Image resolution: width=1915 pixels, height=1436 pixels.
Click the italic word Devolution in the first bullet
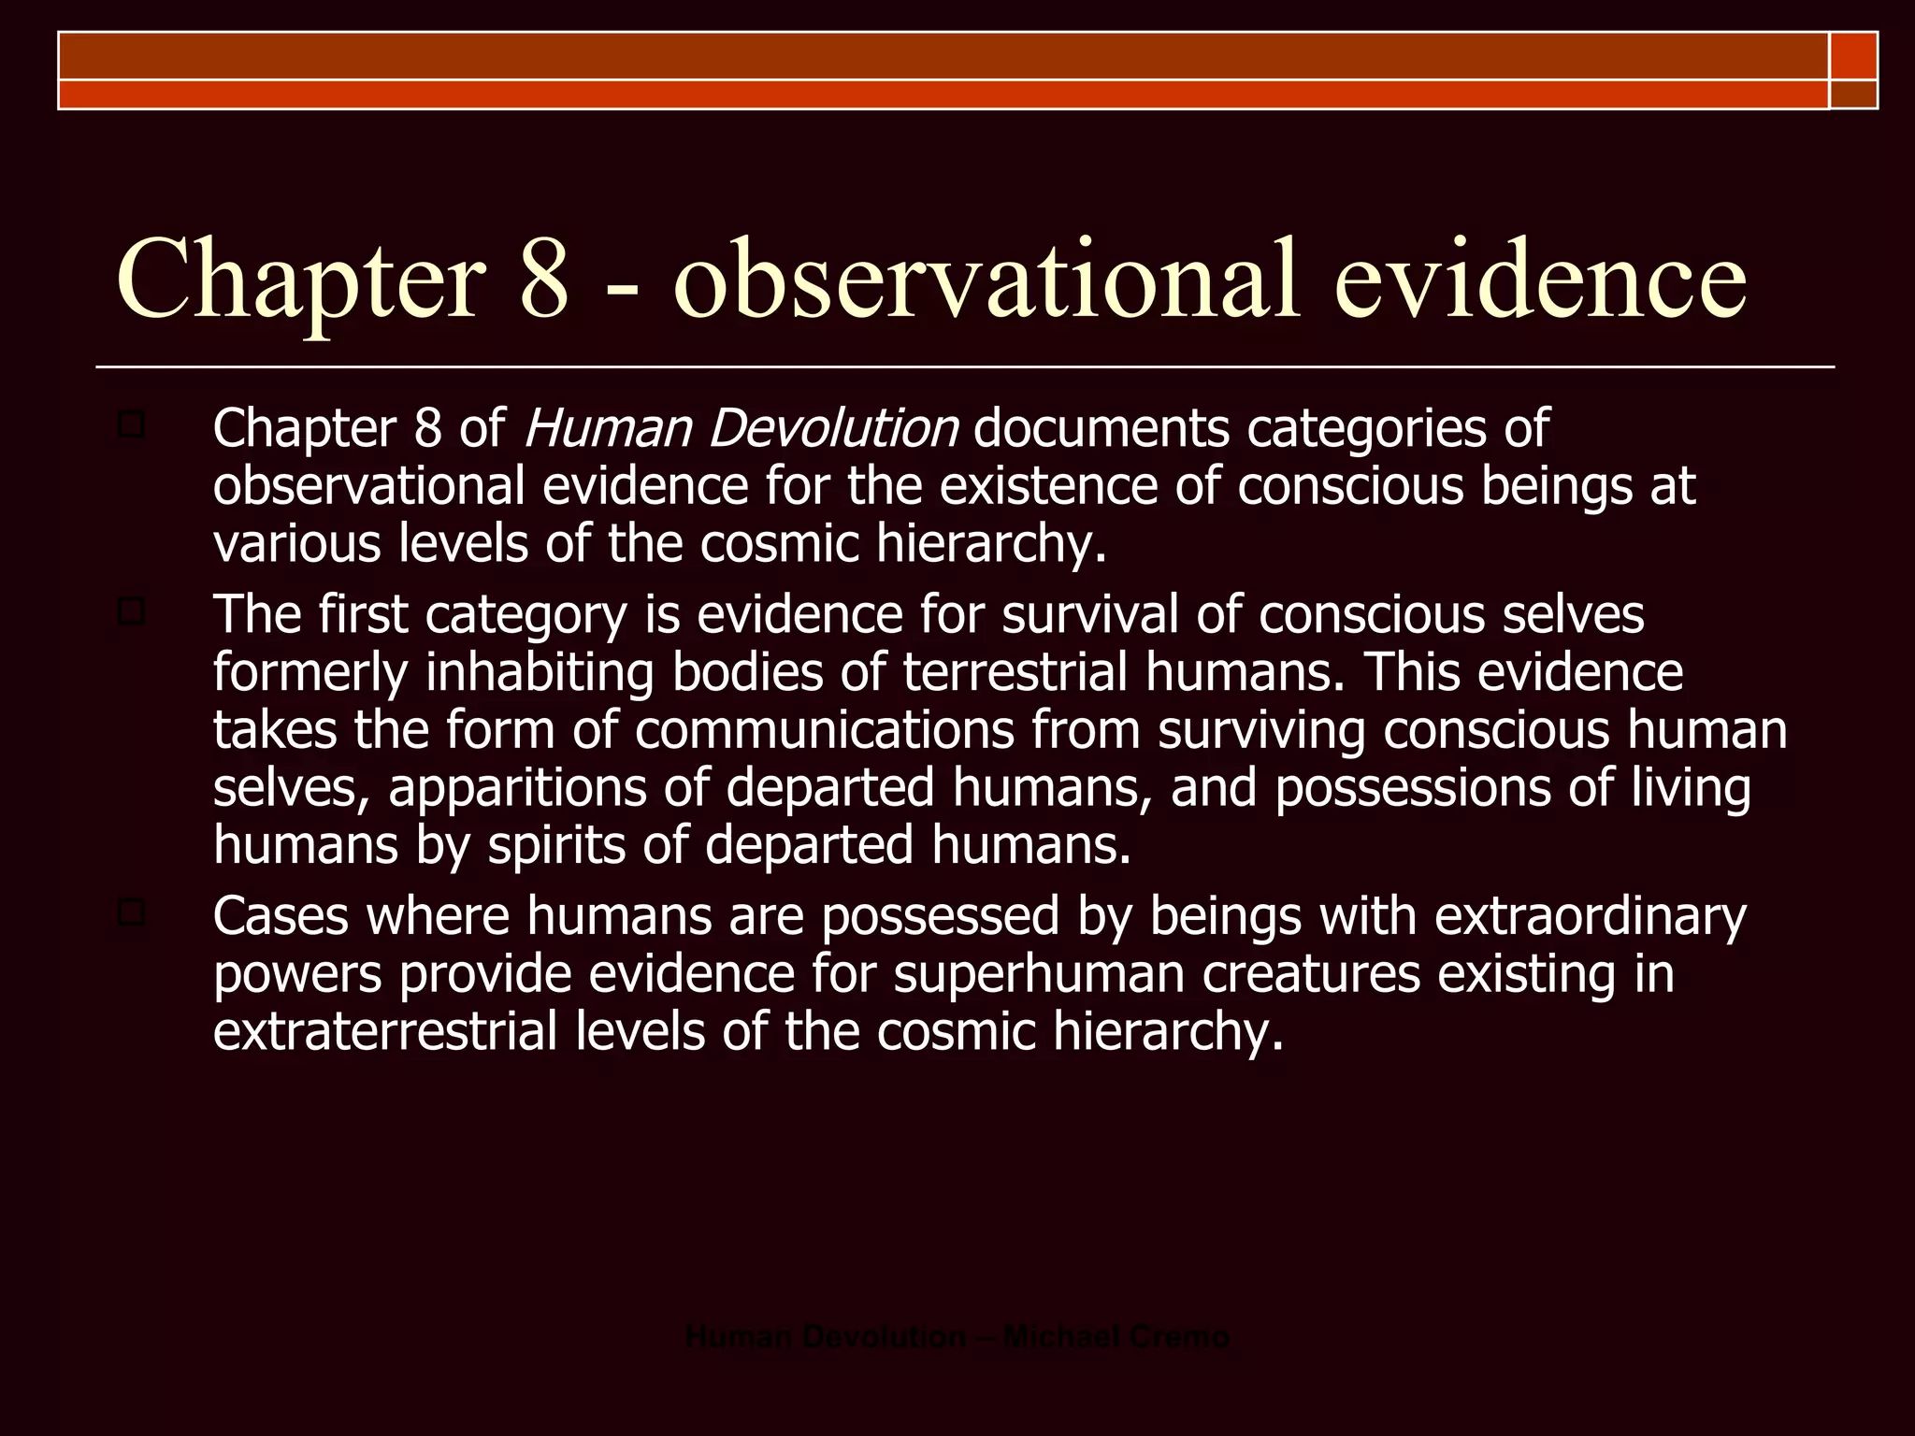[x=833, y=429]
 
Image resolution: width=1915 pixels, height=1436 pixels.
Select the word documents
[x=1101, y=429]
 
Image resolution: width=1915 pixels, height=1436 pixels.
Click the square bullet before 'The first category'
[x=131, y=612]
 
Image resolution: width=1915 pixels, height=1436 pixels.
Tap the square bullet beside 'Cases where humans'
[x=131, y=913]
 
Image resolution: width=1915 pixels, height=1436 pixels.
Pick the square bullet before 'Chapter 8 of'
[x=131, y=426]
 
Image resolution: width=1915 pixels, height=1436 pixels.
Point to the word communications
[x=825, y=730]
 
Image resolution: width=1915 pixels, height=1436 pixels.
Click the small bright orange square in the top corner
[x=1853, y=55]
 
